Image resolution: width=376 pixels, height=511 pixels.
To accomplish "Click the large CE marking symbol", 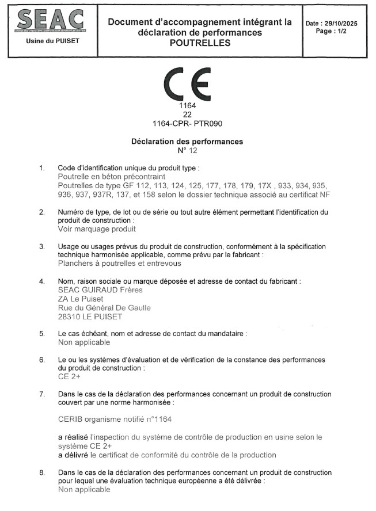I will pos(188,85).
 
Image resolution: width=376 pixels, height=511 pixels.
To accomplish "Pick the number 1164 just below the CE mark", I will pos(188,106).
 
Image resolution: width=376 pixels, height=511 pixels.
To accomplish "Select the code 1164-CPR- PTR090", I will pos(188,123).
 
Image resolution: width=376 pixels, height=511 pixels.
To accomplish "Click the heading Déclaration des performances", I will pos(187,141).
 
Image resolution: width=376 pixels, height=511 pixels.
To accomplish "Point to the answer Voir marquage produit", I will pos(97,228).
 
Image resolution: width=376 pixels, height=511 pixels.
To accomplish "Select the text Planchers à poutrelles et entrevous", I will pos(120,264).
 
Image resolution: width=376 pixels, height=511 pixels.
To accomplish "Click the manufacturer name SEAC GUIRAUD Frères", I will pos(101,290).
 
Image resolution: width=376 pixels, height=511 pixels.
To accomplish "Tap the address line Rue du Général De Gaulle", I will pos(105,307).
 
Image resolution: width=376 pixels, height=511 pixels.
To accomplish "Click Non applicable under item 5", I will pos(84,342).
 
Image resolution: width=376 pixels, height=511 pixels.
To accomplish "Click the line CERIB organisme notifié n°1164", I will pos(115,420).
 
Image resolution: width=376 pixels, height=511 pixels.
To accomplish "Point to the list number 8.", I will pos(41,472).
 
